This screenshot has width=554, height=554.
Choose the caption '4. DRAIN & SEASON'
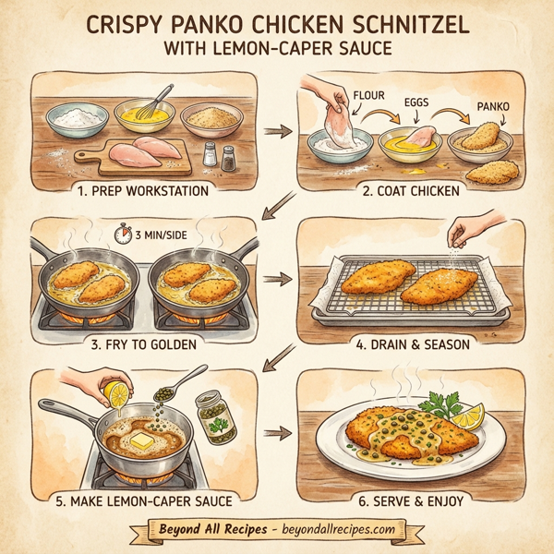tap(408, 343)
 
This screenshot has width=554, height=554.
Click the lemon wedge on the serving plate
tap(468, 415)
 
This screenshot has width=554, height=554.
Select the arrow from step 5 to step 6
tap(276, 432)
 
